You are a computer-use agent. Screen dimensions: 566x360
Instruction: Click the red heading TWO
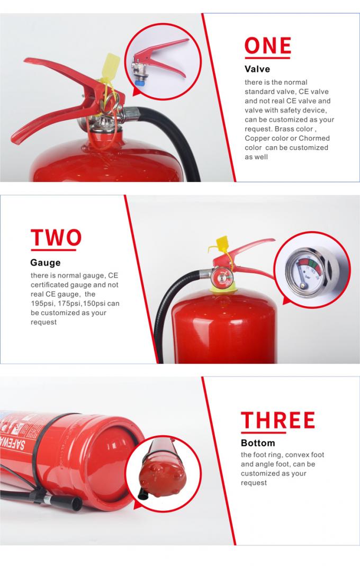coord(56,238)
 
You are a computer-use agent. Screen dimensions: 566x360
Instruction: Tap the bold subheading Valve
coord(257,69)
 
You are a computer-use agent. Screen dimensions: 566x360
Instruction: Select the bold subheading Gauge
coord(45,263)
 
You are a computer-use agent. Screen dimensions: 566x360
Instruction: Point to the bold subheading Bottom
coord(258,443)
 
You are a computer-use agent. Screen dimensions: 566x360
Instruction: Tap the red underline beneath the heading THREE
coord(277,431)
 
